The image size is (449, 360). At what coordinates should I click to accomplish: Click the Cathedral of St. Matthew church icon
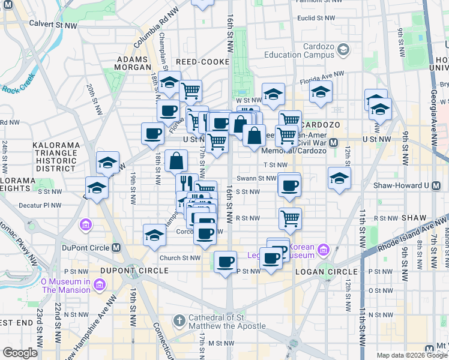[x=179, y=322]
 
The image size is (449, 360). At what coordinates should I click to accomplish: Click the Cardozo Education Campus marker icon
[x=343, y=49]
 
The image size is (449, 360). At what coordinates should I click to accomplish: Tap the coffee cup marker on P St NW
[x=226, y=262]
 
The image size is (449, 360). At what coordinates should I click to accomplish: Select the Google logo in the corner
[x=20, y=353]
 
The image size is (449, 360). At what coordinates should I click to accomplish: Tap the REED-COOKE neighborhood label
[x=203, y=62]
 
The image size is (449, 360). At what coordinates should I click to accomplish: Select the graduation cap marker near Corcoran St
[x=154, y=235]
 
